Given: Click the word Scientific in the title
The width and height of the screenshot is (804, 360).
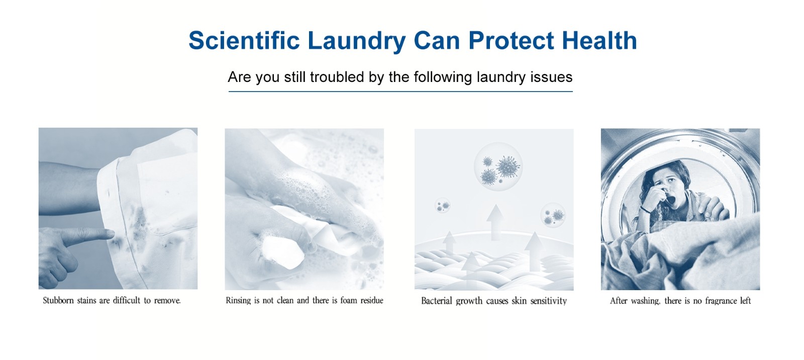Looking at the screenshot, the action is (x=244, y=40).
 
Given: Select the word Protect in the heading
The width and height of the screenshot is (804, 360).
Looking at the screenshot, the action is (x=511, y=40).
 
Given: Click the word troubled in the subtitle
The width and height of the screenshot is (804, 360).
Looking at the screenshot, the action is (x=338, y=77).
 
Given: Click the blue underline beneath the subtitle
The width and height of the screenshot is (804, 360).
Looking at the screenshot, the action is (x=400, y=92).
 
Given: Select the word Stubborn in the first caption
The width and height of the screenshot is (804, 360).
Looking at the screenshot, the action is (x=58, y=300).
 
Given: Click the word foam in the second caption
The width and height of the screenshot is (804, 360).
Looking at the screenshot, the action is (x=349, y=300).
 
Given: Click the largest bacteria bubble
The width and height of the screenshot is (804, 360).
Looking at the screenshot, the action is (x=498, y=166).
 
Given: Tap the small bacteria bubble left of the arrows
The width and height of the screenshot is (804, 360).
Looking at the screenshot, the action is (x=443, y=206).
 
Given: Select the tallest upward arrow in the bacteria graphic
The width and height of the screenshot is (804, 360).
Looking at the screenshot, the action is (x=495, y=222).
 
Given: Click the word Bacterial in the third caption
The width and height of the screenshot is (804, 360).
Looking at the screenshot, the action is (x=437, y=301).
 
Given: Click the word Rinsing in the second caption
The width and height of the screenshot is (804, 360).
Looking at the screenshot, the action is (x=238, y=300).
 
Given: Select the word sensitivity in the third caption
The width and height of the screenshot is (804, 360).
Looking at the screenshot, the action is (x=549, y=301).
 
